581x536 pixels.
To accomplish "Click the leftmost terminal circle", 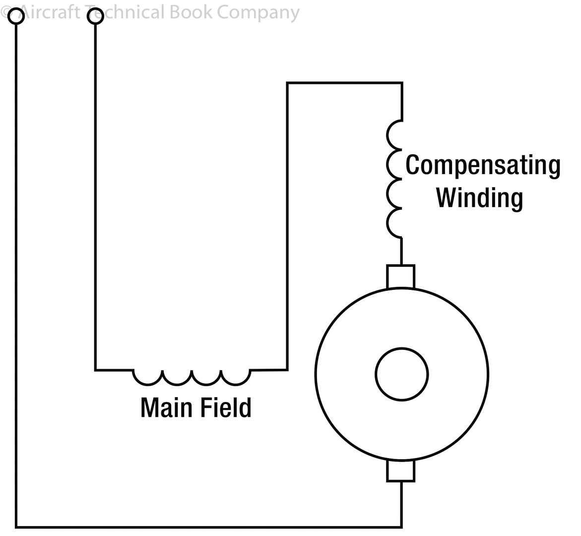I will pos(16,16).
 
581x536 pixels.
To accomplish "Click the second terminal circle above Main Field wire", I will pos(95,16).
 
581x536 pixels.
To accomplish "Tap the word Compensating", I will pos(483,166).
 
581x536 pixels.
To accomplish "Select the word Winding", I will pos(479,198).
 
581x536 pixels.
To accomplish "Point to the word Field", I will pos(226,407).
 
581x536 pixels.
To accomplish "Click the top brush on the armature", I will pos(400,277).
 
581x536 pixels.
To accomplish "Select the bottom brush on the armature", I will pos(400,470).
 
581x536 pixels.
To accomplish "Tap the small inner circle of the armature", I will pos(401,374).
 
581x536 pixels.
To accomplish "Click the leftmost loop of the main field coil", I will pos(147,377).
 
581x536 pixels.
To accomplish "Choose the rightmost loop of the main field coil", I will pos(236,377).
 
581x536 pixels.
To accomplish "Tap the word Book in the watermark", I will pos(192,12).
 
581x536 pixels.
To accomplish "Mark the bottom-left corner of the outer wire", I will pos(16,527).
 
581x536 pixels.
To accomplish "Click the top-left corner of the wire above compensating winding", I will pos(287,83).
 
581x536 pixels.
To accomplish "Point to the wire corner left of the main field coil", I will pos(96,370).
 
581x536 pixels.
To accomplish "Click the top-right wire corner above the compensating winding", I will pos(401,83).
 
